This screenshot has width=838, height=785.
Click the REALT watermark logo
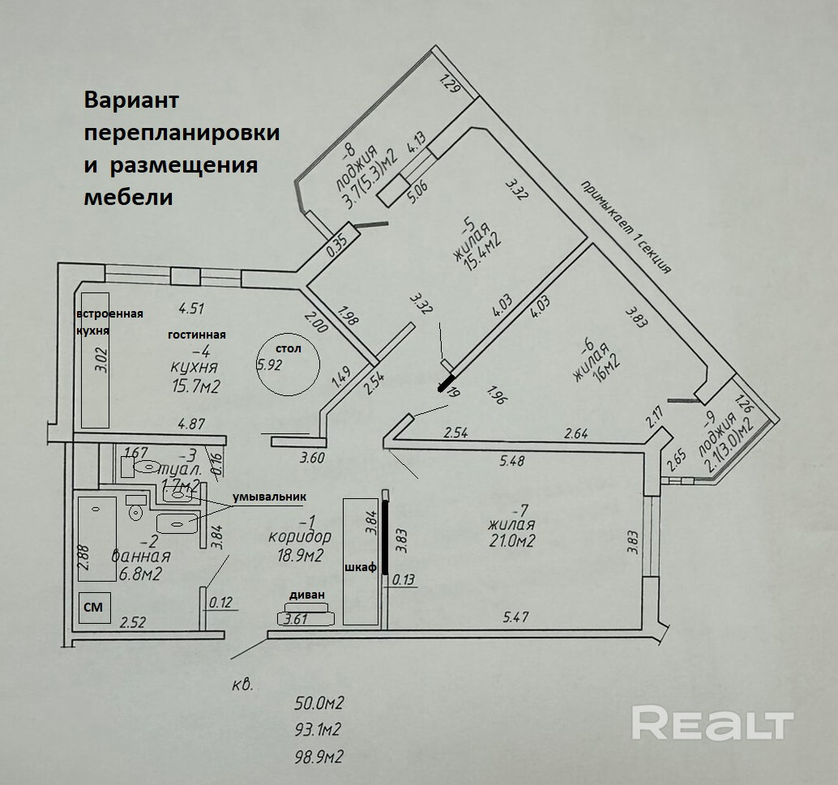click(x=712, y=723)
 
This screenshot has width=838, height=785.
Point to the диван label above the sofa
click(x=306, y=595)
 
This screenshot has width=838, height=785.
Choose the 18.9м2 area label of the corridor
click(x=298, y=555)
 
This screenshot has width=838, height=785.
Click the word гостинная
click(x=197, y=334)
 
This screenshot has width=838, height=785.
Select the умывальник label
click(x=271, y=496)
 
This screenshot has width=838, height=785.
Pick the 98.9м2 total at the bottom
click(x=320, y=757)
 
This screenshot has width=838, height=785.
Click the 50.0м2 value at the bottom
click(x=320, y=702)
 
